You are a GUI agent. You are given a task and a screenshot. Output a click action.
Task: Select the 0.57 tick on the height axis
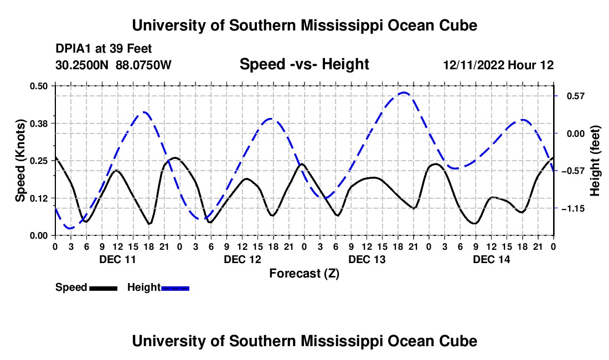576,96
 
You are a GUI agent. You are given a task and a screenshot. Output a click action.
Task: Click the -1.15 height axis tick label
573,209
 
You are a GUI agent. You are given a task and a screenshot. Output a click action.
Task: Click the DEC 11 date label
118,259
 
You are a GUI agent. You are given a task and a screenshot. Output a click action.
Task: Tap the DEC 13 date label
367,259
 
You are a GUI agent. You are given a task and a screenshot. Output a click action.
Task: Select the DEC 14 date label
491,259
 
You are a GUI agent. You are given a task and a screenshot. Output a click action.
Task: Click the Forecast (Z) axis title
304,274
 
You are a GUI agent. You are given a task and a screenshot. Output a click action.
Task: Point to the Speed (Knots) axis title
20,161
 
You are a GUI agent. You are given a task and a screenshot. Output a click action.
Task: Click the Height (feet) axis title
595,161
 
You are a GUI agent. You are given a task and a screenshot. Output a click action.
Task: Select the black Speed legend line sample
104,288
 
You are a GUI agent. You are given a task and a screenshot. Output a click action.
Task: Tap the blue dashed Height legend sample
175,288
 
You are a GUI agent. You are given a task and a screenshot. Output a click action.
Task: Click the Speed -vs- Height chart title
304,64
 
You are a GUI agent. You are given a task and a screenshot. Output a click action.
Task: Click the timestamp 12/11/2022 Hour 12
498,65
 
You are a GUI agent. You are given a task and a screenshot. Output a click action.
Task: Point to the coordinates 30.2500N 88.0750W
113,65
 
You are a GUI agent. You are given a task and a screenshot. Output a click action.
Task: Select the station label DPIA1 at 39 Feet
104,49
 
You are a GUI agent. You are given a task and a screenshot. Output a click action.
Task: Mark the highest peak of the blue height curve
404,92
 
